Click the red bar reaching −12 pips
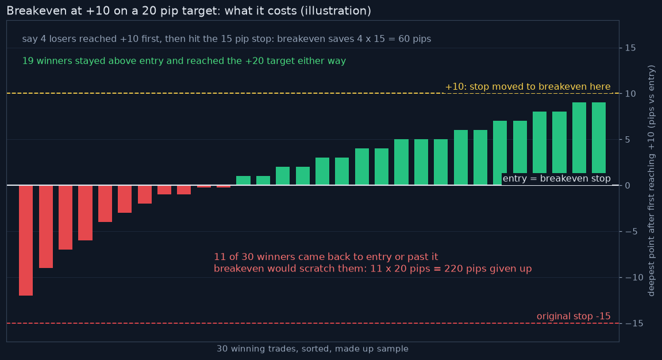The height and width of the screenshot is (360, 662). click(26, 240)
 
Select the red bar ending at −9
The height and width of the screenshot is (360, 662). click(45, 227)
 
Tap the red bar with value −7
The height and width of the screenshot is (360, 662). click(66, 217)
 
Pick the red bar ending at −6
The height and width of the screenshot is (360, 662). click(85, 213)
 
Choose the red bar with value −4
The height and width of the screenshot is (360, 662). click(105, 204)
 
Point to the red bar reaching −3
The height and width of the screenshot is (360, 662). click(125, 199)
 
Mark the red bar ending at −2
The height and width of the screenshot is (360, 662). click(144, 194)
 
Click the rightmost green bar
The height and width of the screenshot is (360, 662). click(599, 144)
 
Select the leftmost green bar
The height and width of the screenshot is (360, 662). click(243, 181)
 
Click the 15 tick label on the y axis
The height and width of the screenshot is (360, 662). click(630, 48)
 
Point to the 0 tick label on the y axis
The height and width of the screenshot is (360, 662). click(628, 186)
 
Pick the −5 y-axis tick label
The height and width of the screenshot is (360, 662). click(632, 232)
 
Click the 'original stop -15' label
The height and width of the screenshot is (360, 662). click(574, 316)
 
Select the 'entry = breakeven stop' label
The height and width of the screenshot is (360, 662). click(556, 179)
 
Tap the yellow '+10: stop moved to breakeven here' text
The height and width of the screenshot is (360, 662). click(528, 87)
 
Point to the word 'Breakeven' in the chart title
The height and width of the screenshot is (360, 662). click(33, 11)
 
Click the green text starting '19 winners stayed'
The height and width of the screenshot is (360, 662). click(184, 61)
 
